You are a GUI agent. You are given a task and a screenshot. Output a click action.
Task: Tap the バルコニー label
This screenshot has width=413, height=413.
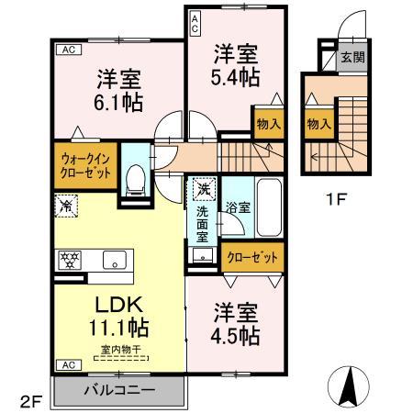[x=121, y=389]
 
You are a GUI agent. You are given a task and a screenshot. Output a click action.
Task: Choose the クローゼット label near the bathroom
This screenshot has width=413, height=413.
[x=252, y=258]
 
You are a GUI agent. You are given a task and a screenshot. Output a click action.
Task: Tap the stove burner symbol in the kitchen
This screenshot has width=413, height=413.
[x=72, y=260]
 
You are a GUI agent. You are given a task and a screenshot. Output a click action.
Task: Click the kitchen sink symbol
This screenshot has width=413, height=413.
[x=115, y=259]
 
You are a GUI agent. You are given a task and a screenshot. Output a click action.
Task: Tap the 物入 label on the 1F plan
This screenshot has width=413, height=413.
[x=318, y=124]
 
